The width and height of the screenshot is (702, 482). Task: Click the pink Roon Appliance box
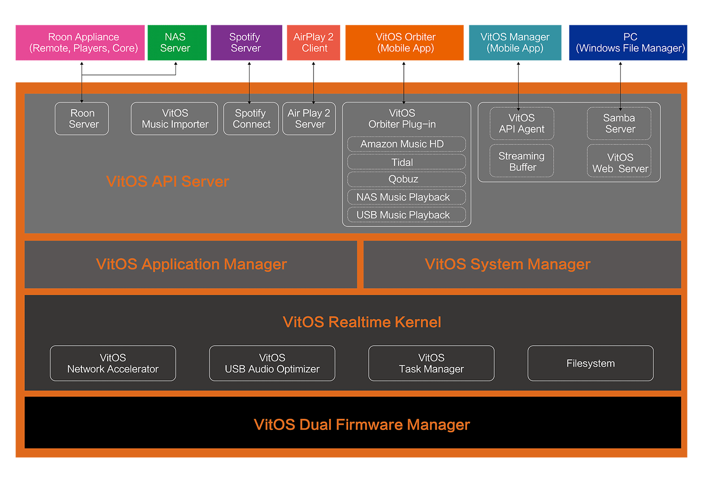(x=80, y=43)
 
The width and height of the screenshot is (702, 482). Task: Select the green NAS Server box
(x=177, y=43)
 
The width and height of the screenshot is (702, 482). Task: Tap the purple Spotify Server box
(x=246, y=43)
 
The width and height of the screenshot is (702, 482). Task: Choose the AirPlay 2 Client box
(x=314, y=43)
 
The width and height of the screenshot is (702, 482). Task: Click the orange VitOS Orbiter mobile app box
(x=404, y=43)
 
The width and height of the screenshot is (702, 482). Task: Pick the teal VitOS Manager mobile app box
(x=515, y=43)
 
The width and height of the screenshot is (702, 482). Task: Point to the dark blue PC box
(x=628, y=43)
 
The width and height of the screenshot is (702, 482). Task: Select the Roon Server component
(x=82, y=119)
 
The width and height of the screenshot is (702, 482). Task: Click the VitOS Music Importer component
(x=174, y=119)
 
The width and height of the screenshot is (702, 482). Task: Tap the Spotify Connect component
(x=251, y=119)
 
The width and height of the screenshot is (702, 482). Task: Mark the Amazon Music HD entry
(x=406, y=144)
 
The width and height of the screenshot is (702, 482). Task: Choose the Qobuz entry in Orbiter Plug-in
(x=406, y=179)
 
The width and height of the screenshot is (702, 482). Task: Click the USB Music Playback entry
(x=406, y=215)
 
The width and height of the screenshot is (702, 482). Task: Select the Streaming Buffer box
(x=522, y=161)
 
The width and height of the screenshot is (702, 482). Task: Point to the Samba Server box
(x=619, y=124)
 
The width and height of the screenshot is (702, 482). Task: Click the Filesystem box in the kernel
(x=591, y=363)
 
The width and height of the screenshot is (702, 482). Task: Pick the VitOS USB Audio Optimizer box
(x=272, y=363)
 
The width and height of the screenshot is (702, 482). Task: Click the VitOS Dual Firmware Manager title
(x=361, y=424)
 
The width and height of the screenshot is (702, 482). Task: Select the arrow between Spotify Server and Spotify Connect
(x=249, y=82)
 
